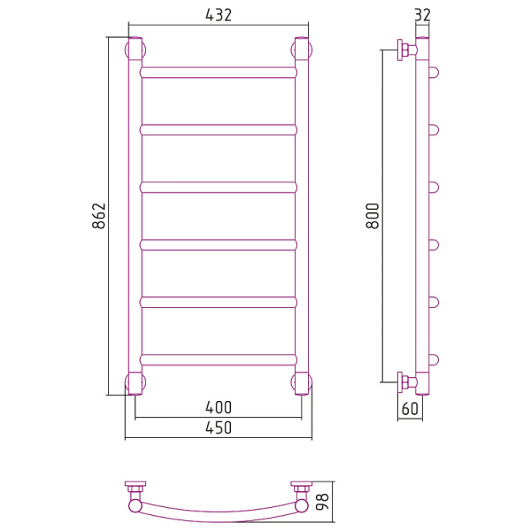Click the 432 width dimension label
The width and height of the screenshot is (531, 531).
click(219, 15)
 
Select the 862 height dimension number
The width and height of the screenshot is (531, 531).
click(99, 216)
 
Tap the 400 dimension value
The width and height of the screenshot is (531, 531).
click(219, 407)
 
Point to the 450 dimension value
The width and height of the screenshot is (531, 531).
click(219, 427)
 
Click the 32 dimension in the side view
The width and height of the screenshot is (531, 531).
click(422, 15)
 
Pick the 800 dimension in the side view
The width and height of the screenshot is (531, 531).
click(373, 216)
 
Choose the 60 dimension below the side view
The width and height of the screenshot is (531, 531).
click(410, 409)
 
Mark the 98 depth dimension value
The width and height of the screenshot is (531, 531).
click(322, 502)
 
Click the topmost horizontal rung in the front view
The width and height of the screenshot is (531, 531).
click(219, 73)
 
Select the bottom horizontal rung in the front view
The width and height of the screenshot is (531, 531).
click(219, 359)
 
